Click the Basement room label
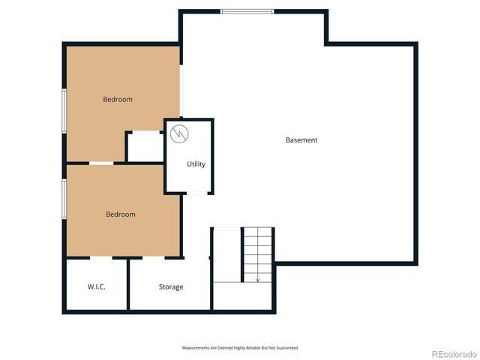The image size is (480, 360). coord(301,140)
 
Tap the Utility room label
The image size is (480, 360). coord(196,164)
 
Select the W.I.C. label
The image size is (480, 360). coord(96,286)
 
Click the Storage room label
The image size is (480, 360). coord(171,286)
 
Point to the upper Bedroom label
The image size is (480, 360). coord(118,99)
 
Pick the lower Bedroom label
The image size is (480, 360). coord(121,214)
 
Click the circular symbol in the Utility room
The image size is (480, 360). coord(178,134)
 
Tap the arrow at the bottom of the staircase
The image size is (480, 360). coord(257,278)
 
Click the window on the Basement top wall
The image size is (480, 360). coord(247,11)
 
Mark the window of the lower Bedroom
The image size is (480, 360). coord(64,199)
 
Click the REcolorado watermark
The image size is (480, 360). coord(451,352)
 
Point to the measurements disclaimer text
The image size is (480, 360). coord(240,348)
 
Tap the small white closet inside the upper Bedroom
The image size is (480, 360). coord(145,147)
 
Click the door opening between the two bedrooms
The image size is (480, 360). coord(101,163)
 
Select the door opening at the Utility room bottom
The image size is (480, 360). coord(196,193)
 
